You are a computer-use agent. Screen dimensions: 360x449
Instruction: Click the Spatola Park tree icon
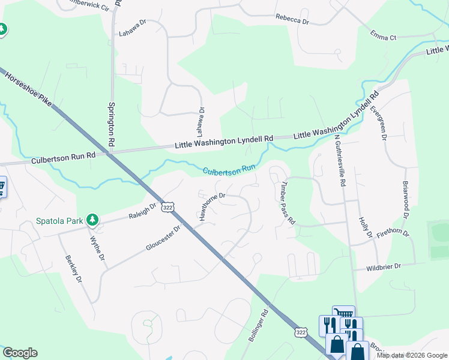coord(92,220)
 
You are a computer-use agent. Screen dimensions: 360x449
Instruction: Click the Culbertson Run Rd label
coord(57,158)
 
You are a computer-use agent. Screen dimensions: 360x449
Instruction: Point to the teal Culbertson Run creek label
coord(229,171)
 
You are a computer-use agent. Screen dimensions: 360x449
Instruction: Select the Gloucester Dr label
coord(163,239)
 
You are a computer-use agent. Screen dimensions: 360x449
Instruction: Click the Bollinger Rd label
coord(257,326)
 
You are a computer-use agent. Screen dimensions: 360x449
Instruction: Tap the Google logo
coord(20,353)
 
